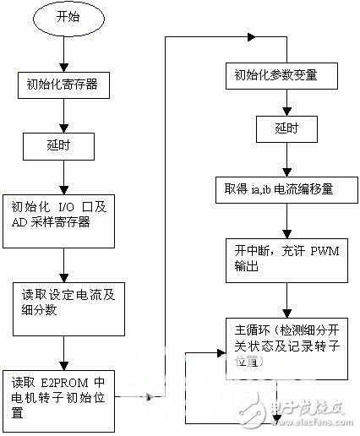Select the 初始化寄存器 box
(x=63, y=84)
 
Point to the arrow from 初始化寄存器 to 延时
(x=63, y=114)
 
